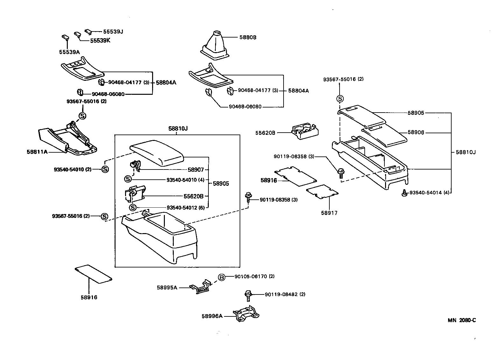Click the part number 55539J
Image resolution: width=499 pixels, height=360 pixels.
click(x=113, y=32)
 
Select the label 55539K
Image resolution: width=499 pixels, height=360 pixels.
click(x=100, y=41)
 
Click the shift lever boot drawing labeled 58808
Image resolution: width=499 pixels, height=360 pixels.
click(x=214, y=46)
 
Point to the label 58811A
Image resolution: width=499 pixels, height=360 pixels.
click(x=37, y=152)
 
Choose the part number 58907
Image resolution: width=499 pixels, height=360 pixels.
click(x=197, y=170)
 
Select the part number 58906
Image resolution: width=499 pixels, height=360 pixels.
click(x=416, y=132)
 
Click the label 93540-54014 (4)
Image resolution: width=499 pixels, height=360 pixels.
click(x=429, y=193)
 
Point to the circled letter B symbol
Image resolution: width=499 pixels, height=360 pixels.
click(x=221, y=277)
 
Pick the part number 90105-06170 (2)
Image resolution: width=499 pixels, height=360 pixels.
click(x=254, y=276)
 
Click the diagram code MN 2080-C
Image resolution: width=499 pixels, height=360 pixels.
click(x=462, y=320)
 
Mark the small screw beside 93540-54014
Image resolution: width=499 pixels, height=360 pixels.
click(x=404, y=193)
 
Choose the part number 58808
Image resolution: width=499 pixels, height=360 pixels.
click(x=248, y=37)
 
